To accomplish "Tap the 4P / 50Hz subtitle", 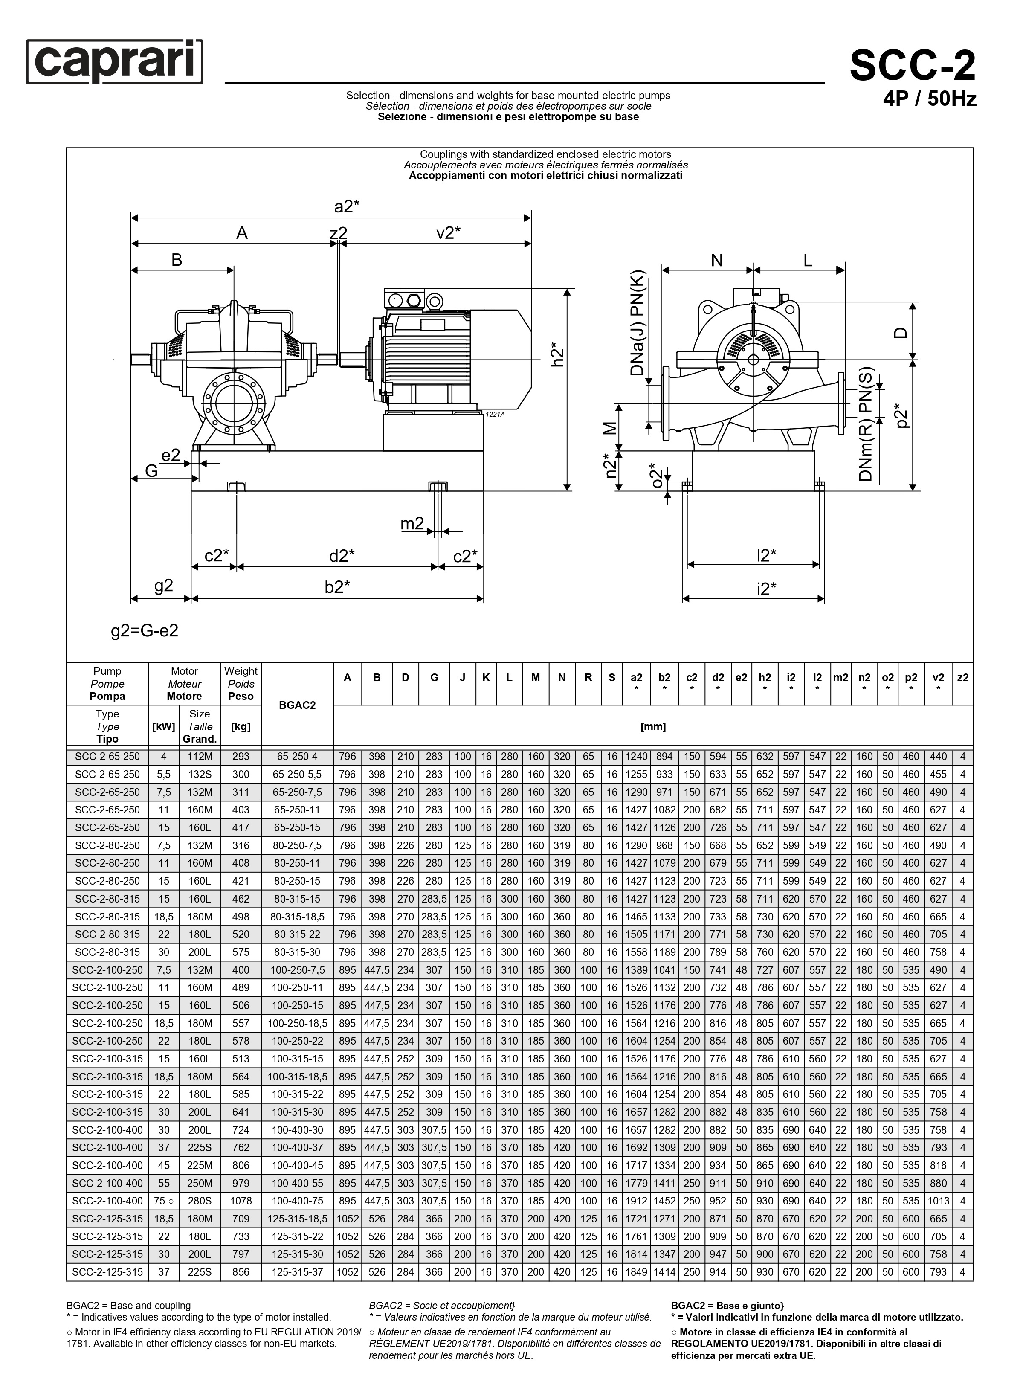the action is tap(930, 99).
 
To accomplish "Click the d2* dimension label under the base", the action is tap(342, 556).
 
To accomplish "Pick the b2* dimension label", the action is tap(337, 586).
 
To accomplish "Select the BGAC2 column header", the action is tap(297, 705).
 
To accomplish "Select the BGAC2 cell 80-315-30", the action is tap(297, 952).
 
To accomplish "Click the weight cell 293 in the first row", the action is tap(241, 756).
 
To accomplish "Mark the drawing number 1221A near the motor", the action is tap(495, 414).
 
